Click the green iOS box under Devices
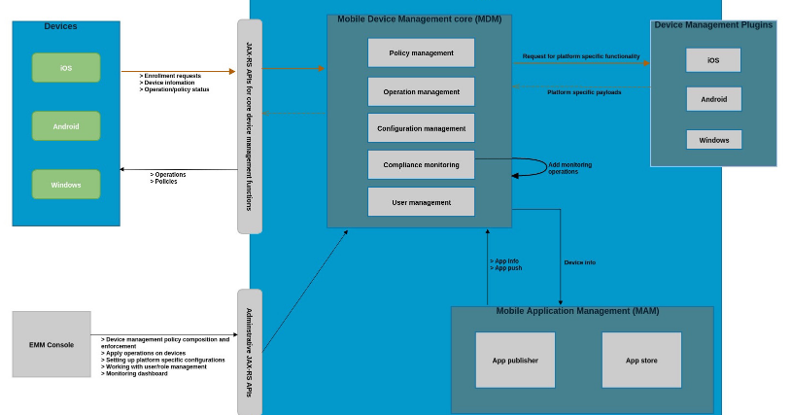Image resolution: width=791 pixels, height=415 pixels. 66,68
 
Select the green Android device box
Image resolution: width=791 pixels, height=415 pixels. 66,126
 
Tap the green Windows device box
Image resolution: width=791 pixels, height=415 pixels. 66,185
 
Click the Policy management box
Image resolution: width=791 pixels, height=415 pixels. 421,52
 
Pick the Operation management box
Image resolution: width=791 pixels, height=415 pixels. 421,91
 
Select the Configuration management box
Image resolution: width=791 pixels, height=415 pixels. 421,128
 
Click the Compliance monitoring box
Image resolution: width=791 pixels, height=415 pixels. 421,165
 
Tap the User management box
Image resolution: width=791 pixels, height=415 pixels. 421,202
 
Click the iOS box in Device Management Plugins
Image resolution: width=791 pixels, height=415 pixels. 713,60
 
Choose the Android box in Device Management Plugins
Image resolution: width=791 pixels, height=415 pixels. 713,99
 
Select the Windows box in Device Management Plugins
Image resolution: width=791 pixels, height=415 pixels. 713,140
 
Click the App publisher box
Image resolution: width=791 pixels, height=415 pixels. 515,361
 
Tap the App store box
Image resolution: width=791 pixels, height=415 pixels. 641,361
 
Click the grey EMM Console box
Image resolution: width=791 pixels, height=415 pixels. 52,344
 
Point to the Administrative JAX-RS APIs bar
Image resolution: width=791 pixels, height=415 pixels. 250,352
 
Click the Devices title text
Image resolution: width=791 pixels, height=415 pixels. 60,26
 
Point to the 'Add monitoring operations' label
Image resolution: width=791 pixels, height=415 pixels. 568,168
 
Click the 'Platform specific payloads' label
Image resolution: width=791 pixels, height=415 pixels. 583,92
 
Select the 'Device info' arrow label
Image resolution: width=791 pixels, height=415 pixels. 579,262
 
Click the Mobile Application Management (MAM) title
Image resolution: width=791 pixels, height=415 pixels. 577,311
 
